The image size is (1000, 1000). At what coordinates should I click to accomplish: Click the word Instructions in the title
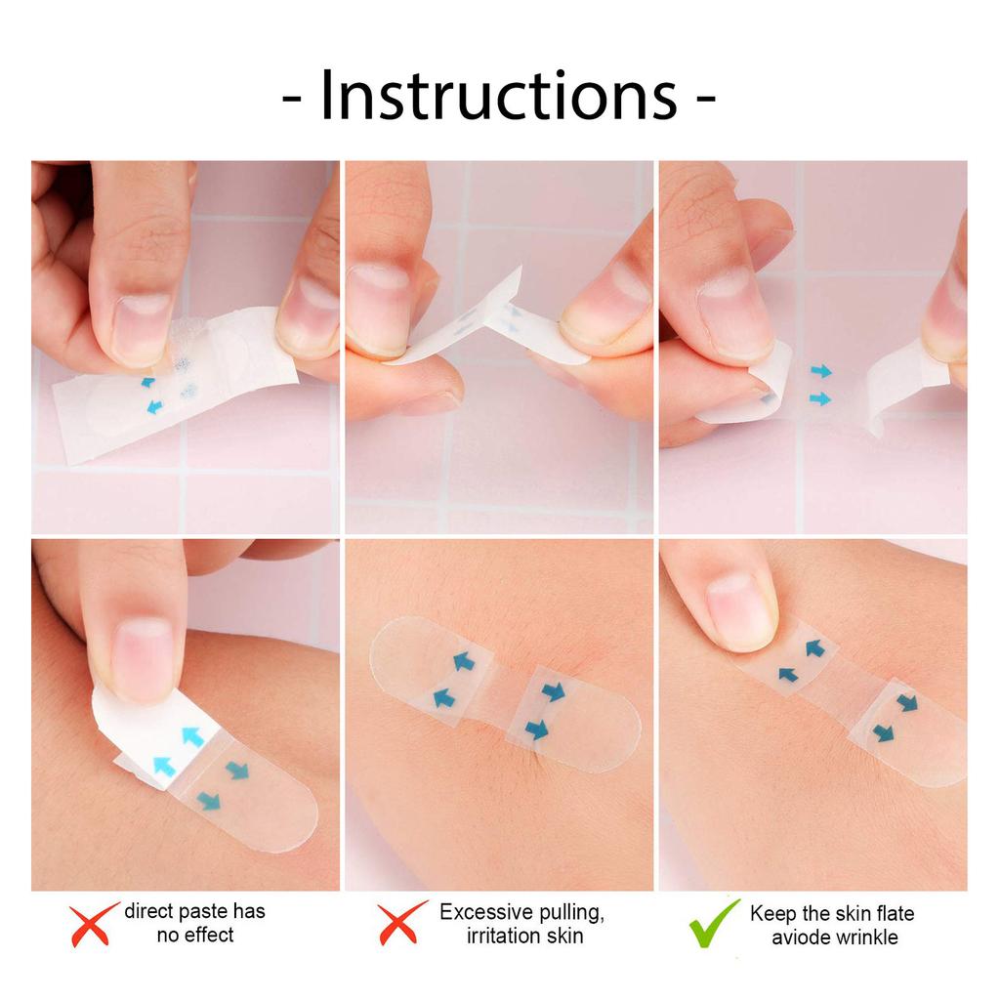(x=498, y=96)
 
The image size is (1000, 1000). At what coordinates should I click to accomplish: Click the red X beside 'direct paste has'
(x=94, y=923)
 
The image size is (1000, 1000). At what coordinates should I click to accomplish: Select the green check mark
(x=714, y=923)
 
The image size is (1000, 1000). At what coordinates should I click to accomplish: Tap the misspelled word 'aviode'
(x=798, y=937)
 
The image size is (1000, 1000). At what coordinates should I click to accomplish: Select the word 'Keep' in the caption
(x=771, y=914)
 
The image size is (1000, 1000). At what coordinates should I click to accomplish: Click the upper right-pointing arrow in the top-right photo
(x=820, y=371)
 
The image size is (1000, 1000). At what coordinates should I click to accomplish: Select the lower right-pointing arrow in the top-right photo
(x=820, y=398)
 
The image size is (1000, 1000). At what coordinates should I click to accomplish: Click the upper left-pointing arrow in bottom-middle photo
(x=463, y=662)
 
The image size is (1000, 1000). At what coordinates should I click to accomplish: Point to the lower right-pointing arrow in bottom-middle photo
(x=536, y=729)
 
